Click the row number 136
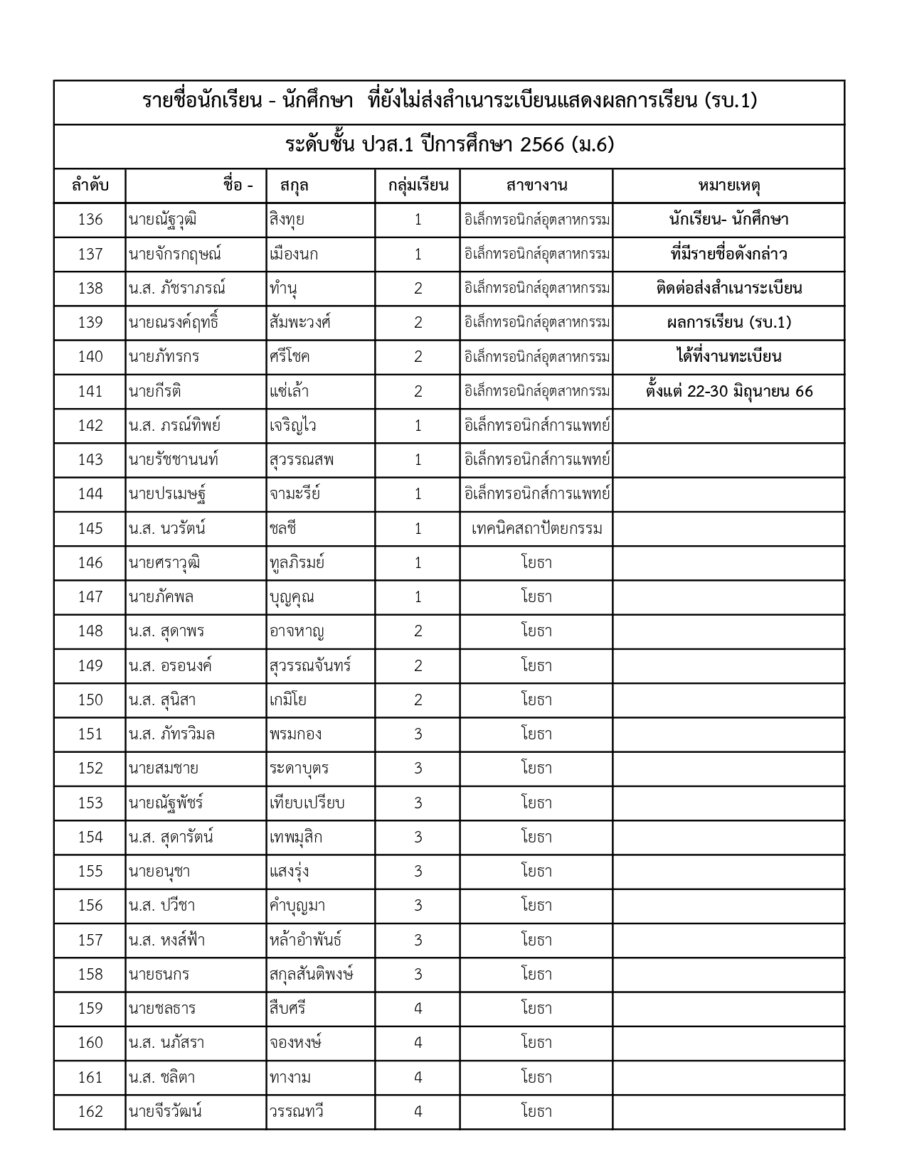pyautogui.click(x=90, y=220)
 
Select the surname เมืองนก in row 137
pyautogui.click(x=294, y=255)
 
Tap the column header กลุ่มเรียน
pyautogui.click(x=418, y=186)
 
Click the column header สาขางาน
pyautogui.click(x=536, y=186)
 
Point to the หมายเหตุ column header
pyautogui.click(x=729, y=186)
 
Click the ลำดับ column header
pyautogui.click(x=90, y=186)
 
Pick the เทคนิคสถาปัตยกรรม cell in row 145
pyautogui.click(x=536, y=529)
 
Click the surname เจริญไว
pyautogui.click(x=293, y=426)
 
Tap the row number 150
pyautogui.click(x=90, y=700)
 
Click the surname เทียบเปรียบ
pyautogui.click(x=307, y=803)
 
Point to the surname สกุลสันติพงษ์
pyautogui.click(x=312, y=975)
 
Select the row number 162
pyautogui.click(x=90, y=1112)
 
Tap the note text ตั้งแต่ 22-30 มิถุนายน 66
pyautogui.click(x=729, y=392)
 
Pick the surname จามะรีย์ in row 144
pyautogui.click(x=295, y=494)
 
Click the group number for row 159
pyautogui.click(x=418, y=1009)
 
